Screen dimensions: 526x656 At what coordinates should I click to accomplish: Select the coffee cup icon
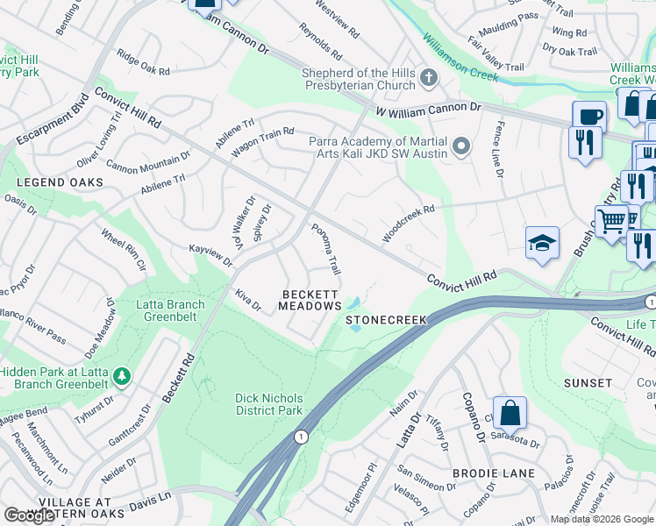[x=588, y=117]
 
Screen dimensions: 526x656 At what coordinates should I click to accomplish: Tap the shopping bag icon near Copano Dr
[x=510, y=413]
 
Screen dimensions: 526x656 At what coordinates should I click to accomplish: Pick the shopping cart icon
[x=611, y=221]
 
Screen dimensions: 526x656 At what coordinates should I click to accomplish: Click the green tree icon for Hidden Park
[x=122, y=377]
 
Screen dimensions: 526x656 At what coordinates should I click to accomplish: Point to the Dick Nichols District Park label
[x=268, y=404]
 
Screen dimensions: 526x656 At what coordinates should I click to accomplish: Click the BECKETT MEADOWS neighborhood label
[x=310, y=300]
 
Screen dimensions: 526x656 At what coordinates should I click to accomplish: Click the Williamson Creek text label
[x=460, y=56]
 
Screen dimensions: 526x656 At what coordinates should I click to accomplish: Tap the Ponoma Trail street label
[x=325, y=248]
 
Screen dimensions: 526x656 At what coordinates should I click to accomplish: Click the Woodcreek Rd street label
[x=408, y=224]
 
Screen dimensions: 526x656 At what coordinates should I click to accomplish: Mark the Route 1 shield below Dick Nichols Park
[x=302, y=437]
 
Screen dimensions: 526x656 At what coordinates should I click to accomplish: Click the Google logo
[x=30, y=515]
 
